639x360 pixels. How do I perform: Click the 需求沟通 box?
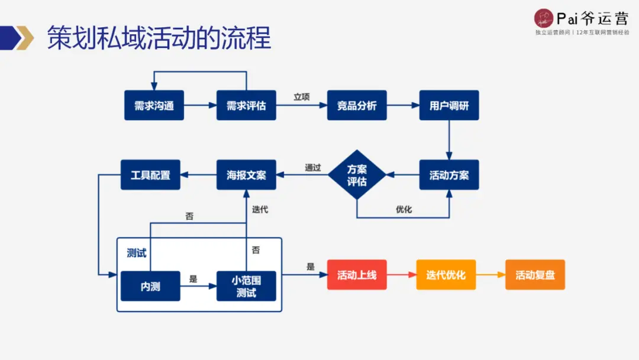click(x=154, y=105)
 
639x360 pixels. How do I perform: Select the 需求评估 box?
click(x=246, y=105)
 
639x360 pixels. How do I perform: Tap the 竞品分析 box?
click(x=357, y=105)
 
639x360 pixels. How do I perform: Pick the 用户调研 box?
click(x=449, y=105)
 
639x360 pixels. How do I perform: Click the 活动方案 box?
click(x=449, y=175)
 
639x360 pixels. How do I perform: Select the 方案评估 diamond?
click(x=357, y=175)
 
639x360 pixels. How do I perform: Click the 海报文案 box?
click(x=246, y=175)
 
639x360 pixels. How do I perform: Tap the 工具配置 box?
click(x=150, y=175)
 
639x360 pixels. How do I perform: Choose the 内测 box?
click(x=150, y=286)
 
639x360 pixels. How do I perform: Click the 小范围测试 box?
click(x=246, y=286)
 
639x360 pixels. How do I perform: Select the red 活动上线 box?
click(x=357, y=275)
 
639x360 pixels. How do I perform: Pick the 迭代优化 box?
click(x=446, y=275)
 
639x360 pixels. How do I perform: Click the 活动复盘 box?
click(x=535, y=275)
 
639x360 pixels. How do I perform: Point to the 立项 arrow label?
click(x=302, y=97)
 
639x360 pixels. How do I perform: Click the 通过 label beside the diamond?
click(x=313, y=168)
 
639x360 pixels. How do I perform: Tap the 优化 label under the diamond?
click(x=404, y=209)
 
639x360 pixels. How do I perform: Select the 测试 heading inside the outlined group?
click(x=137, y=253)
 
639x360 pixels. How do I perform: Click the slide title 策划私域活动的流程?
click(x=159, y=38)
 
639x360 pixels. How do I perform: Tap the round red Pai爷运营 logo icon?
click(x=543, y=18)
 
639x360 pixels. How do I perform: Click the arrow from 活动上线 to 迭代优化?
click(x=401, y=275)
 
